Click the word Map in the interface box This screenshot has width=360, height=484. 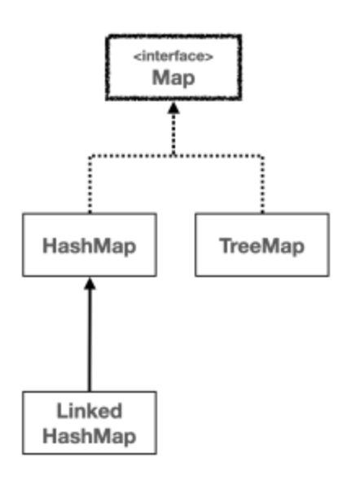coord(173,78)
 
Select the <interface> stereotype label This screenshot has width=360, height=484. coord(173,56)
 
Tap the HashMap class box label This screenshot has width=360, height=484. coord(90,247)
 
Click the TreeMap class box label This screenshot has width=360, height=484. coord(262,246)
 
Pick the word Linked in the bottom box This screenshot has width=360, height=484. coord(90,411)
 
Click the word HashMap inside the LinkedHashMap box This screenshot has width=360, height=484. coord(90,437)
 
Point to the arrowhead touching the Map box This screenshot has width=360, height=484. coord(173,108)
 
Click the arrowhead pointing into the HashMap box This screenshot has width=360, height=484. coord(90,284)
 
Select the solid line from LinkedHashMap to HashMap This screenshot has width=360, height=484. coord(90,341)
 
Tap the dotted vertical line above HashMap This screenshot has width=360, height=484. coord(90,185)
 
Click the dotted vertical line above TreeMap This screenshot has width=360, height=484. coord(262,185)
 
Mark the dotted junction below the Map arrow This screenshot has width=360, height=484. coord(173,156)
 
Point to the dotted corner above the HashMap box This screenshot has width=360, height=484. coord(90,156)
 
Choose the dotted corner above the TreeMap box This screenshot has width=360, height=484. coord(262,156)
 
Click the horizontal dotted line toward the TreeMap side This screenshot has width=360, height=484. coord(218,156)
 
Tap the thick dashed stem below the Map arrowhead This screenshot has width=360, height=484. coord(173,134)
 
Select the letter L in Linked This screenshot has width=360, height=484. coord(62,411)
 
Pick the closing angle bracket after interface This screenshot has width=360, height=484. coord(209,57)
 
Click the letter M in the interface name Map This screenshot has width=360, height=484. coord(160,77)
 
